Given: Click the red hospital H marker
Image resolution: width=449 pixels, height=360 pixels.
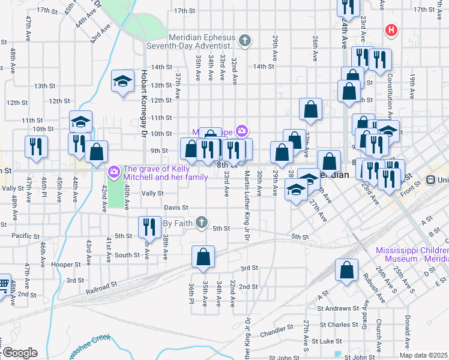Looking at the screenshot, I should (x=391, y=29).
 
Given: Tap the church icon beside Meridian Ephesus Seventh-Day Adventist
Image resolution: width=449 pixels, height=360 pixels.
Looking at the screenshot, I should (x=244, y=41).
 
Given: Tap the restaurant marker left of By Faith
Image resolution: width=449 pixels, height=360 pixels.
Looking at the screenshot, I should (x=148, y=227).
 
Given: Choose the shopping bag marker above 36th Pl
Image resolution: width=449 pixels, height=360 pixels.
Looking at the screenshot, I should (x=203, y=256).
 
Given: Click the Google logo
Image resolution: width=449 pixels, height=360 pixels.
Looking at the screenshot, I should (x=20, y=352).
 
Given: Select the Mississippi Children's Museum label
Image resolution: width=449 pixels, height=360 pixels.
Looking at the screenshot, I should (x=411, y=254).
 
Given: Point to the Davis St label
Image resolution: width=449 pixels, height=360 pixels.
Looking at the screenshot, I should (x=176, y=208).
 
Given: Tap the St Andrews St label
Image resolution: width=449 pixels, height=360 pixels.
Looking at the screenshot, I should (x=337, y=309).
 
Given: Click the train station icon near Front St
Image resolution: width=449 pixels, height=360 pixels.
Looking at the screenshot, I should (x=430, y=179).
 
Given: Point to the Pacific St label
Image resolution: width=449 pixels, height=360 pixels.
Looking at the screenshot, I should (x=25, y=235).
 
